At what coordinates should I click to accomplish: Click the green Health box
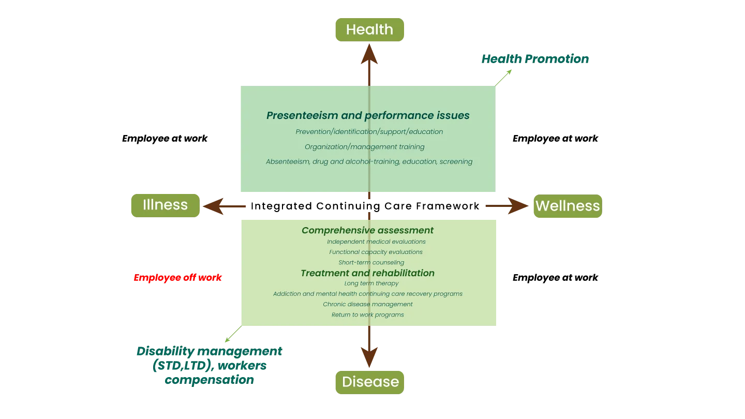369,29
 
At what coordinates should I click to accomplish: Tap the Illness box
166,205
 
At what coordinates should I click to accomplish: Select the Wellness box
568,206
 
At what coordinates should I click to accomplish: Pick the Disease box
369,382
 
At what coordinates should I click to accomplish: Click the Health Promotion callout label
535,59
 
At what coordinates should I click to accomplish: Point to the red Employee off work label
177,278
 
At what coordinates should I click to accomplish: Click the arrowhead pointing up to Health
369,54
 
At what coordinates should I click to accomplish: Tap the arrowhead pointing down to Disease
369,357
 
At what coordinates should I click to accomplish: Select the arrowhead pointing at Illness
213,206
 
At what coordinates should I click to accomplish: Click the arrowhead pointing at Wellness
518,206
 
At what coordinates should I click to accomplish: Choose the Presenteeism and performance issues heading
368,115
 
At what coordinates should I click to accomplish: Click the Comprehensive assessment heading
367,230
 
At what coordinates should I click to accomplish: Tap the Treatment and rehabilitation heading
367,273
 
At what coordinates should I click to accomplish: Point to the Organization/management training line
365,147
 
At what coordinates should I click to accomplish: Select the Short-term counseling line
371,262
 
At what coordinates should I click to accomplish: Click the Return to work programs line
367,315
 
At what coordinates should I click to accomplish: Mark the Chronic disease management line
367,304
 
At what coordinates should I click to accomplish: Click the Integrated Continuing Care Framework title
365,206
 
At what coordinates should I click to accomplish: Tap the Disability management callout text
209,365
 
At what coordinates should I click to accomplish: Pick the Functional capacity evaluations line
376,252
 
